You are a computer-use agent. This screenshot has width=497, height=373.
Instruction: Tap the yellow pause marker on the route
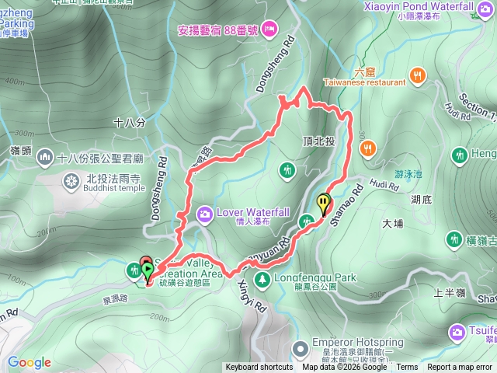pos(323,204)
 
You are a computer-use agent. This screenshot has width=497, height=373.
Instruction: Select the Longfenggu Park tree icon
pos(262,277)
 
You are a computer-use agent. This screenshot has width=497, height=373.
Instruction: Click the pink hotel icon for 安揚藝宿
pos(269,29)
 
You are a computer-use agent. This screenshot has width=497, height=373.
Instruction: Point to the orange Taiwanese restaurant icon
pos(419,75)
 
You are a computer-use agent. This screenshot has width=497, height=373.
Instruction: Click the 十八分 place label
pos(129,123)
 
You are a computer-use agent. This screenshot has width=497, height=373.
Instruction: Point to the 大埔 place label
pos(394,224)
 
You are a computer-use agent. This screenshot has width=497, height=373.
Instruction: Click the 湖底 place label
pos(422,199)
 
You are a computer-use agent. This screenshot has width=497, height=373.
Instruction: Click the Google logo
pos(29,362)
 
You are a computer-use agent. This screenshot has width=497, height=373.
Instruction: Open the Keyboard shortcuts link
pos(259,368)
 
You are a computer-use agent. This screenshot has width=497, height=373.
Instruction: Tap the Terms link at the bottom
pos(407,368)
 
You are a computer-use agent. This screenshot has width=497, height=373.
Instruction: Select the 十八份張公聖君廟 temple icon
pos(45,159)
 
